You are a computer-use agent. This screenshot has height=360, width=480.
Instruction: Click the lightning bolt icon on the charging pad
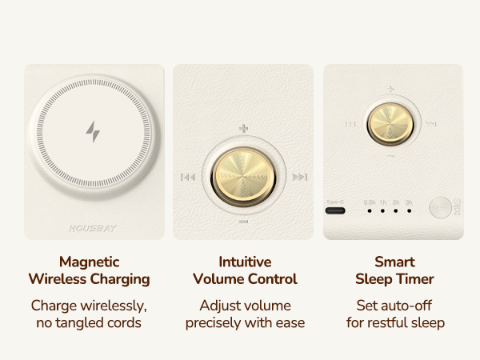click(x=94, y=131)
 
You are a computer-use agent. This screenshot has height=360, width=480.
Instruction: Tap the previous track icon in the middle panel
click(x=188, y=178)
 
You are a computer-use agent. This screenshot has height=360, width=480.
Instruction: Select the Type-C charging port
click(x=334, y=212)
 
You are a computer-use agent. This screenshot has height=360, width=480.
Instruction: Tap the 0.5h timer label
click(x=370, y=202)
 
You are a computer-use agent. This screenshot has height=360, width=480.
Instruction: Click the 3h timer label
click(x=409, y=202)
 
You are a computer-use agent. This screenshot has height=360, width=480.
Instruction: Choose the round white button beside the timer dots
click(x=439, y=208)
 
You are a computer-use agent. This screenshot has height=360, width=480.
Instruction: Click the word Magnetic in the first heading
click(x=90, y=262)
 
